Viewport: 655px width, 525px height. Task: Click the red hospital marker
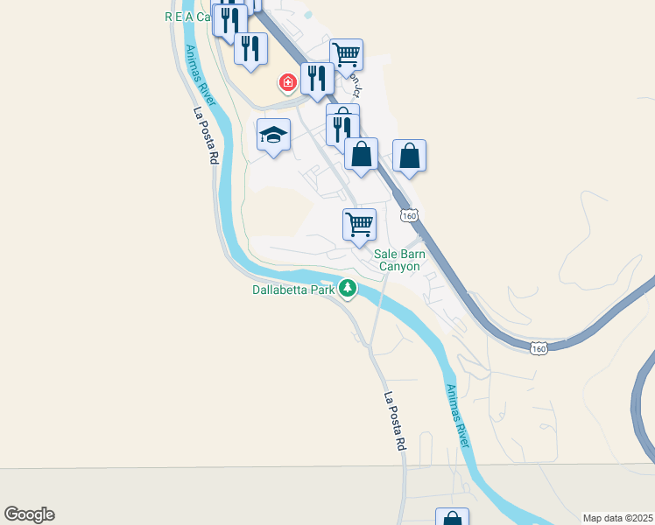pyautogui.click(x=286, y=83)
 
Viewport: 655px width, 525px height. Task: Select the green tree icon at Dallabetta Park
pyautogui.click(x=349, y=288)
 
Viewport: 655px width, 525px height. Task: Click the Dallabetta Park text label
pyautogui.click(x=294, y=289)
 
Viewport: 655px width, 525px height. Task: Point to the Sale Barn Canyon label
pyautogui.click(x=398, y=260)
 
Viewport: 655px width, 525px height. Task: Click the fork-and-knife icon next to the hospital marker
pyautogui.click(x=317, y=79)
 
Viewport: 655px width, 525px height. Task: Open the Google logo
pyautogui.click(x=29, y=514)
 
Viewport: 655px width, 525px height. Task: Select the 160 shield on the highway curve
pyautogui.click(x=539, y=348)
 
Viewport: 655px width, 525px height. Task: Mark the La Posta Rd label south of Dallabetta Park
pyautogui.click(x=395, y=421)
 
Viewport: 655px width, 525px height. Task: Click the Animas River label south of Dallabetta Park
pyautogui.click(x=458, y=416)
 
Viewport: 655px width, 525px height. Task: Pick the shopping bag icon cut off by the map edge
pyautogui.click(x=452, y=518)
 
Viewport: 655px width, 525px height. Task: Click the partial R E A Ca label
pyautogui.click(x=188, y=17)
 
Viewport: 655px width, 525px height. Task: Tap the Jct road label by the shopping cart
pyautogui.click(x=356, y=86)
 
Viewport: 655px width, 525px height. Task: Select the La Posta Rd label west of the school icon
pyautogui.click(x=206, y=136)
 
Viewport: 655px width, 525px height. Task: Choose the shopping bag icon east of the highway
pyautogui.click(x=409, y=157)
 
